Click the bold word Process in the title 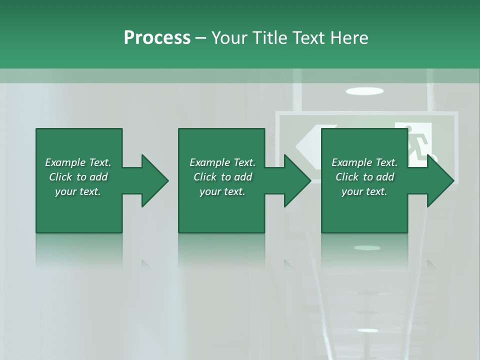(x=157, y=37)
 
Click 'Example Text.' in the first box (x=78, y=162)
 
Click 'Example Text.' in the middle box (x=222, y=162)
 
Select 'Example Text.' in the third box (x=364, y=162)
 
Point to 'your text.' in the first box (x=78, y=191)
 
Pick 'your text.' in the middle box (x=222, y=191)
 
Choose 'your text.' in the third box (x=364, y=191)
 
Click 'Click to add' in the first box (x=78, y=177)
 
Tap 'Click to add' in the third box (x=364, y=177)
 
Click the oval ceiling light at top (x=364, y=91)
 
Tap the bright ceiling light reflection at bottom (x=367, y=330)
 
